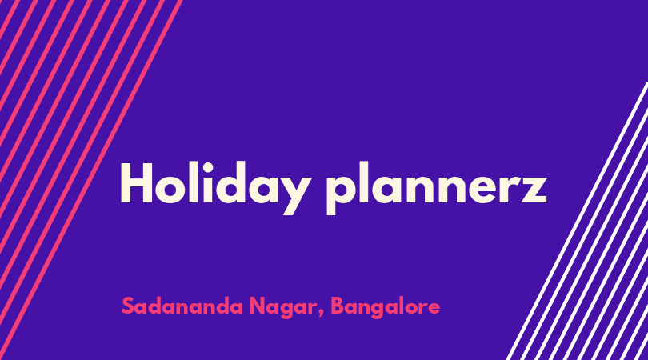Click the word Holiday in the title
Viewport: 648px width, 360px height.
(x=215, y=188)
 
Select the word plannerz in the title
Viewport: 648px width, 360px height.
(x=437, y=188)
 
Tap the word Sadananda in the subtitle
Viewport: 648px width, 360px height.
(x=182, y=306)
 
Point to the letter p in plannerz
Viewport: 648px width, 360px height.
(x=340, y=194)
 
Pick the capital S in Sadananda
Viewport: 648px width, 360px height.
(x=128, y=306)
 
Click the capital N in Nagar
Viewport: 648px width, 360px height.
(x=258, y=306)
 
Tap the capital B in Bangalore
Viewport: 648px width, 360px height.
(x=338, y=306)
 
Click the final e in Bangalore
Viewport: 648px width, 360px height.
(x=434, y=309)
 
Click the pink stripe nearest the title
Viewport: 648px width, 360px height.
(x=91, y=180)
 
